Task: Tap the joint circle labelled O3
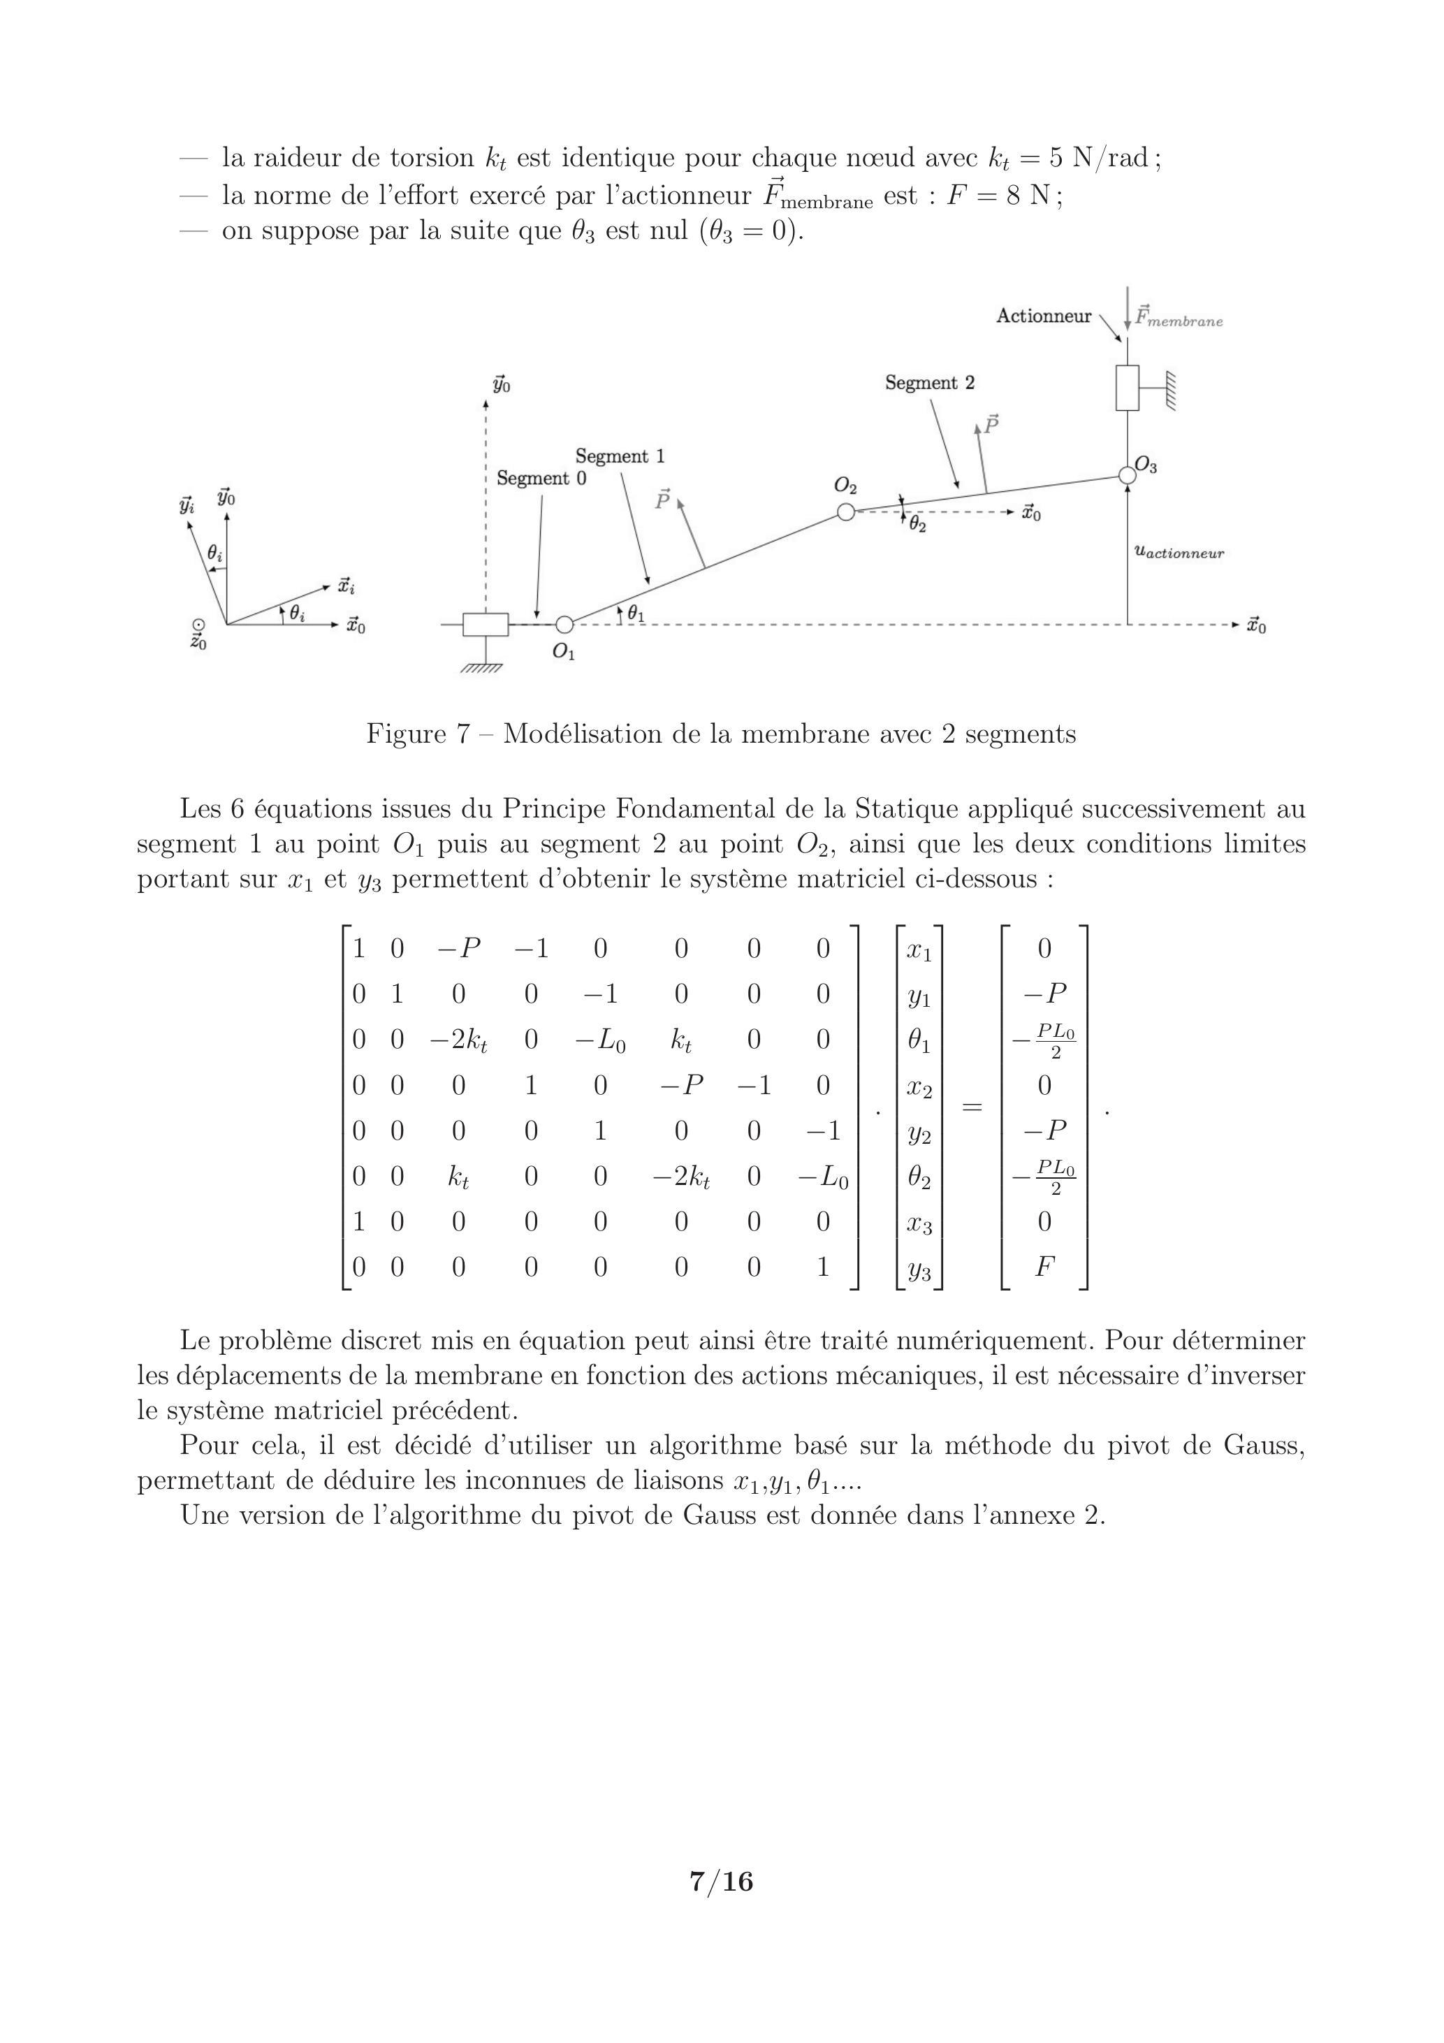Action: [x=1128, y=475]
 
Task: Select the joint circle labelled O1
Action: [x=563, y=624]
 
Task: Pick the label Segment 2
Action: [x=929, y=383]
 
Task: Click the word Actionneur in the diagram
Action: [x=1043, y=316]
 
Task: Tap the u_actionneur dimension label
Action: [x=1179, y=553]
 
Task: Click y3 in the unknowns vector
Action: [x=919, y=1270]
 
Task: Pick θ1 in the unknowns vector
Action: [x=919, y=1040]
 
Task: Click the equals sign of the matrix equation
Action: [x=972, y=1108]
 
